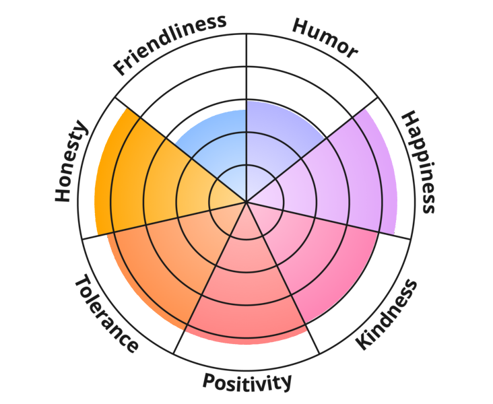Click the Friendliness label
(170, 44)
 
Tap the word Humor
(325, 38)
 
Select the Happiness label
(419, 162)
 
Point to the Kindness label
(387, 314)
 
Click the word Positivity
(247, 382)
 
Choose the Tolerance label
(106, 314)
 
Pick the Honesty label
(71, 161)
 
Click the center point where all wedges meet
(246, 201)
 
